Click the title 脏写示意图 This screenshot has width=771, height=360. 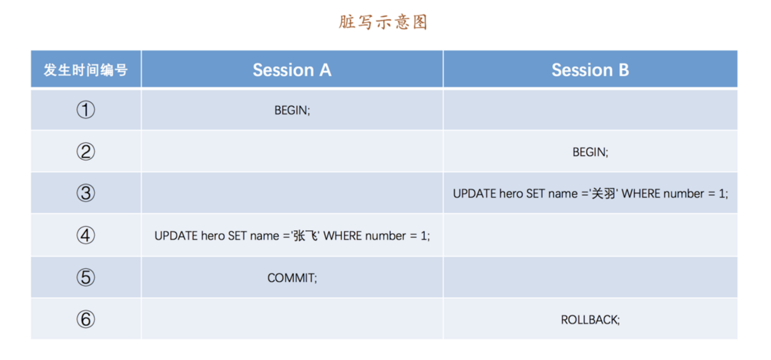tap(383, 22)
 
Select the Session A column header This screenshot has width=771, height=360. tap(292, 70)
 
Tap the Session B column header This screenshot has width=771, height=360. tap(590, 70)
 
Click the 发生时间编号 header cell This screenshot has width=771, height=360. tap(86, 70)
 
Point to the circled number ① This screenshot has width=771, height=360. tap(86, 110)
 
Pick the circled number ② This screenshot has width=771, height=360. tap(86, 152)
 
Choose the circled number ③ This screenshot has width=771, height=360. tap(86, 193)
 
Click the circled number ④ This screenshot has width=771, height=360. tap(86, 235)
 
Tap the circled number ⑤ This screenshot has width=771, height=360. tap(86, 277)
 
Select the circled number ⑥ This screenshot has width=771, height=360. tap(86, 319)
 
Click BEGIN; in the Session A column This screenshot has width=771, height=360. tap(292, 110)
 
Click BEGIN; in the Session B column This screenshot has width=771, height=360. tap(590, 152)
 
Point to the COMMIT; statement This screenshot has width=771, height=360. tap(292, 278)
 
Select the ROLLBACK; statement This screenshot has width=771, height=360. tap(590, 320)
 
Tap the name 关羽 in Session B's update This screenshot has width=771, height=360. tap(603, 193)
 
